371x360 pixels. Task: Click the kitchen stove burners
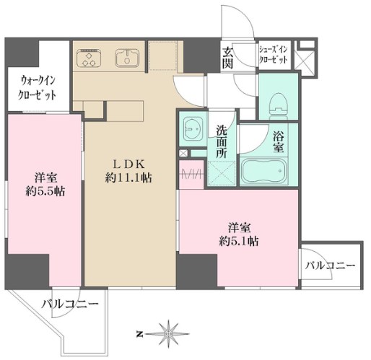coord(90,58)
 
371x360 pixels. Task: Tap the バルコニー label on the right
coord(329,266)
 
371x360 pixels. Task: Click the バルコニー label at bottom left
coord(69,304)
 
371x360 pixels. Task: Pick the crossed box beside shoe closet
coord(306,58)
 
